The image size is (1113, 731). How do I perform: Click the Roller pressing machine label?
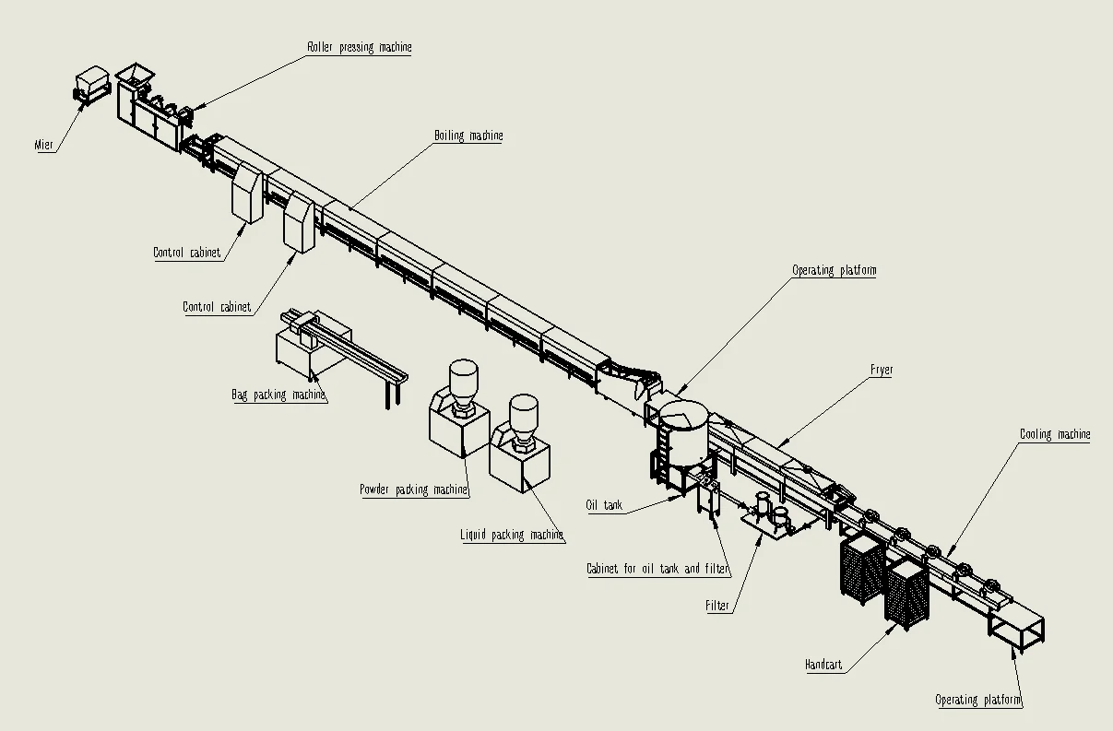360,47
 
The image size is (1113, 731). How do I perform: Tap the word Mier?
43,145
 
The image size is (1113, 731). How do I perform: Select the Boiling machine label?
468,136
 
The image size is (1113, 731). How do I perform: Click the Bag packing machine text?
278,395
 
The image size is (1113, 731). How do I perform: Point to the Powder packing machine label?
414,489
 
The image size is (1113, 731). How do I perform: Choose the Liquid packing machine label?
512,535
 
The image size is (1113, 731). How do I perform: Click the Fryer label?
882,370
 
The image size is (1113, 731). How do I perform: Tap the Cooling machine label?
1055,434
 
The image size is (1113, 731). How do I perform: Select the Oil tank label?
604,505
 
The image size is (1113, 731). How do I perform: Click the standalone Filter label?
717,606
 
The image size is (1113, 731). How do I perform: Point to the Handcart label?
823,665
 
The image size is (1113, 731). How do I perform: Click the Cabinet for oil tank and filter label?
658,569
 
